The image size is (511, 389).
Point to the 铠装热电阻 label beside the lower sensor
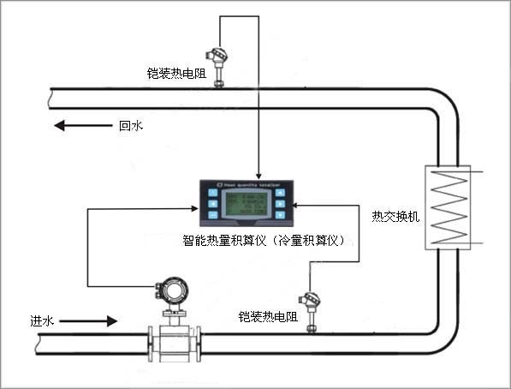pos(268,316)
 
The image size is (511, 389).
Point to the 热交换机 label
pos(395,216)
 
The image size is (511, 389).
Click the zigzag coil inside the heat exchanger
pos(449,208)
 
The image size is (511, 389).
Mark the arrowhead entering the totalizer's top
pos(258,173)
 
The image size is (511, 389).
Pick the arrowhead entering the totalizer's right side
pos(296,206)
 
